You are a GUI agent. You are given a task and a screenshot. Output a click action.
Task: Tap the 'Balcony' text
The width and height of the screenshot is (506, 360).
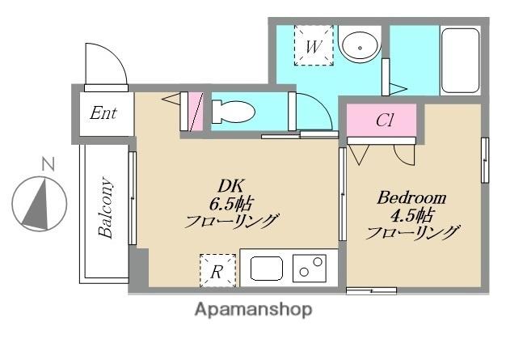click(x=106, y=208)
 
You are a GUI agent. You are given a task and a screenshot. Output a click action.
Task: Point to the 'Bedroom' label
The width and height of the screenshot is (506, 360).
click(x=411, y=197)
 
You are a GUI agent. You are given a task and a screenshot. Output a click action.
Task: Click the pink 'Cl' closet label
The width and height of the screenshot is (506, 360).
click(x=385, y=121)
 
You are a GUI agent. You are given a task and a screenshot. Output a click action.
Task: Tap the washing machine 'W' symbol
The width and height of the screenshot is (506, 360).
click(x=313, y=45)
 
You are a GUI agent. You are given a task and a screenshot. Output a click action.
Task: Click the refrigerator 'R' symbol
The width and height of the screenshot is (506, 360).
click(x=217, y=270)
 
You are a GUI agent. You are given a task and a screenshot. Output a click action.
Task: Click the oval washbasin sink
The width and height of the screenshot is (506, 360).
click(x=357, y=46)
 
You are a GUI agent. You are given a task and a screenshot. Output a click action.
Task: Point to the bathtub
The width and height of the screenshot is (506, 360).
click(x=460, y=61)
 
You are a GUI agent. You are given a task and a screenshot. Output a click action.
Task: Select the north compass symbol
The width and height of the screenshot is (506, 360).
click(x=38, y=202)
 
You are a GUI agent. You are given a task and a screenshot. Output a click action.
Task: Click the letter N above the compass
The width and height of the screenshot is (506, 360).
click(x=48, y=164)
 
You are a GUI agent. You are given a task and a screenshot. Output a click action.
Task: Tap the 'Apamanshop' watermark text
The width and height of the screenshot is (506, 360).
click(x=252, y=309)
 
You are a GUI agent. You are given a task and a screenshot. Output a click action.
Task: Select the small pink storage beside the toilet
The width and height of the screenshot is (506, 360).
click(x=194, y=112)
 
